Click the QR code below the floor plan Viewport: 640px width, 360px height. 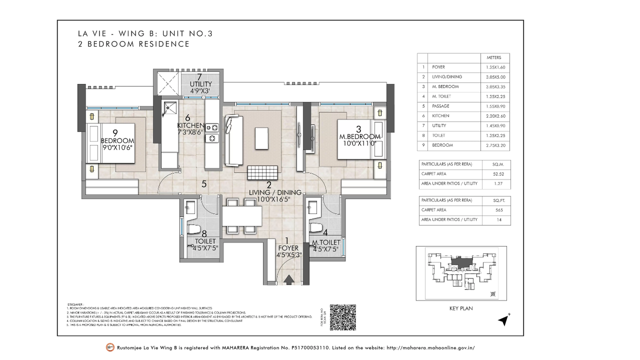click(x=343, y=317)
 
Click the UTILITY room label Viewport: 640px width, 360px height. click(x=200, y=84)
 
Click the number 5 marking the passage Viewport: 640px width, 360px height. click(x=204, y=184)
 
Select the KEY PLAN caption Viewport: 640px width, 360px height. click(x=460, y=308)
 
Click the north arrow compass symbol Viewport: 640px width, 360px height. click(x=504, y=320)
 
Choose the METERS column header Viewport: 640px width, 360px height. click(x=487, y=57)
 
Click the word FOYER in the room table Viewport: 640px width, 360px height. click(x=438, y=67)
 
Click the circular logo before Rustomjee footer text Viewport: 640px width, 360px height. click(x=110, y=347)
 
